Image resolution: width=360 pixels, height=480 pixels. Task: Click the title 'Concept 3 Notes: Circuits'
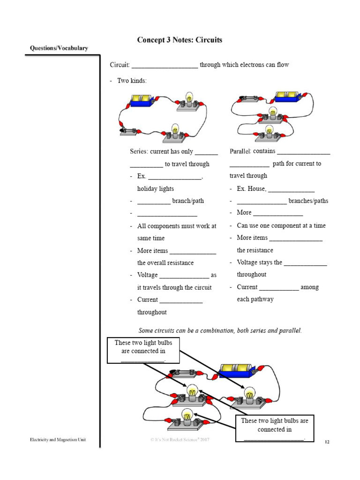(x=180, y=40)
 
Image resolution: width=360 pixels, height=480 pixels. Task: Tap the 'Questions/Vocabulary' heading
(x=59, y=48)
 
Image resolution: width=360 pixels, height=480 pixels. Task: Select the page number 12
(x=327, y=442)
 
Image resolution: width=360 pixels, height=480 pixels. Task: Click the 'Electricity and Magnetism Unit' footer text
(x=58, y=440)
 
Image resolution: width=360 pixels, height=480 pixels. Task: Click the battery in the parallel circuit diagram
(x=288, y=97)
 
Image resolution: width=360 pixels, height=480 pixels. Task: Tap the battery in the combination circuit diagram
(x=236, y=370)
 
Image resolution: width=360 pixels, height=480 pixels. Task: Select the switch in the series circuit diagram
(x=130, y=131)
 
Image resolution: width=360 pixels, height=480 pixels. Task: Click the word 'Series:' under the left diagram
(x=139, y=152)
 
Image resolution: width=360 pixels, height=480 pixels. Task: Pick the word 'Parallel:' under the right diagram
(x=240, y=151)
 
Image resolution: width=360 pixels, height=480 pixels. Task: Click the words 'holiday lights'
(x=155, y=188)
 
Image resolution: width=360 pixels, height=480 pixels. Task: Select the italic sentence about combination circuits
(x=220, y=330)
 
